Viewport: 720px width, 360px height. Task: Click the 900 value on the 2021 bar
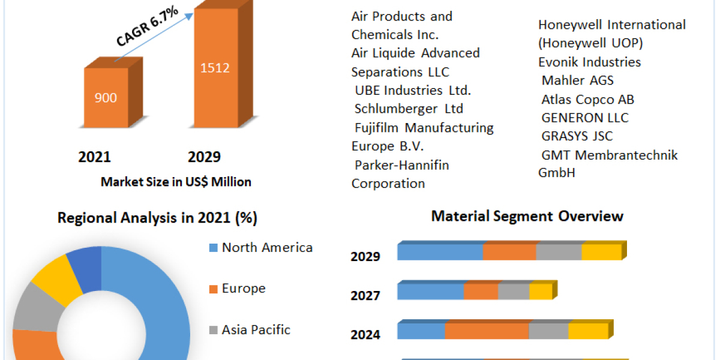point(106,98)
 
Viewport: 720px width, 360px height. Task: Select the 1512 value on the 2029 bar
point(215,68)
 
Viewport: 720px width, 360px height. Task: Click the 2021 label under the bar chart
point(94,157)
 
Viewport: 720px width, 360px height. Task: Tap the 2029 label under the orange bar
point(204,157)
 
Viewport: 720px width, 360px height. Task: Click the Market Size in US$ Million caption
point(176,182)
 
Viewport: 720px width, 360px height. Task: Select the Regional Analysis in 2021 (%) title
point(157,218)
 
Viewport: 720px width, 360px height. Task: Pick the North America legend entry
point(267,247)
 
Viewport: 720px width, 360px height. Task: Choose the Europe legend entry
point(243,289)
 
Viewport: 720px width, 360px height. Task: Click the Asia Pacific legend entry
point(256,329)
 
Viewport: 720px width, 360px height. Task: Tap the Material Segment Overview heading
point(527,216)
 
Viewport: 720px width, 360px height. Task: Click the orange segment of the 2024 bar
point(487,331)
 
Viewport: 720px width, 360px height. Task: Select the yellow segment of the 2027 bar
point(541,292)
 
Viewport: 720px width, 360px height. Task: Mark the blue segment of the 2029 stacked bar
point(440,252)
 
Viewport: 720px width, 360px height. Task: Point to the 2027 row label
point(365,296)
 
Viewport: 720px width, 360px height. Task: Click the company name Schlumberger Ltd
point(409,109)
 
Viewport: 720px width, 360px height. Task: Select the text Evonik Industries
point(581,62)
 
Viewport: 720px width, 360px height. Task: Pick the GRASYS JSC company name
point(577,136)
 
